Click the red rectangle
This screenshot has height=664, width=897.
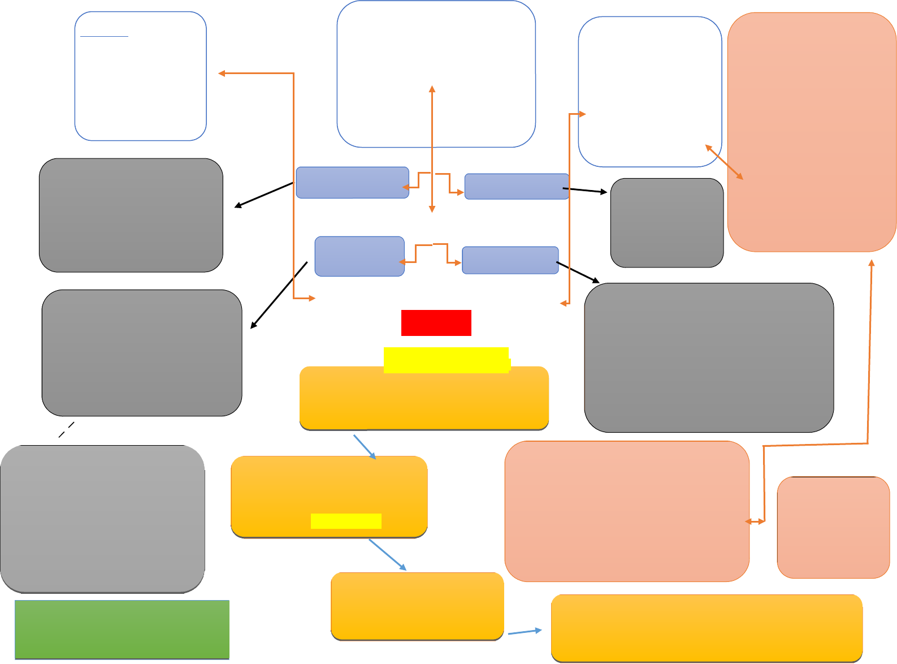tap(436, 323)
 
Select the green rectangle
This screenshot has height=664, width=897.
tap(122, 629)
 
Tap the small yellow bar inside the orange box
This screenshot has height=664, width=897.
tap(346, 521)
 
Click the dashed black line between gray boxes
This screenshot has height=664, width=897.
tap(67, 429)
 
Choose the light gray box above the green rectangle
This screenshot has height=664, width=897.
tap(102, 519)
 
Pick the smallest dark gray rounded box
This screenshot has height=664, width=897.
tap(667, 223)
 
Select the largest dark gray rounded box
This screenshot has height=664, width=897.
tap(709, 357)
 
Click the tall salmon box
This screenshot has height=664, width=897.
tap(812, 132)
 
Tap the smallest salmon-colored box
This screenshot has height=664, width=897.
tap(833, 527)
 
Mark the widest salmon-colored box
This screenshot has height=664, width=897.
tap(627, 511)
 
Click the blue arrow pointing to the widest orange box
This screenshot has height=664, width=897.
tap(525, 632)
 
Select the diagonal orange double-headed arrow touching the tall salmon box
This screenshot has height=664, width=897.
tap(725, 162)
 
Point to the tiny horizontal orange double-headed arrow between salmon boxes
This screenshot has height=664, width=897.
tap(755, 521)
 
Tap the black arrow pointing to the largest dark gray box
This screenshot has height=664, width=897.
tap(578, 271)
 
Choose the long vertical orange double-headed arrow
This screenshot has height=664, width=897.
tap(432, 149)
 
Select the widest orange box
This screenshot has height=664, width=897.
tap(707, 628)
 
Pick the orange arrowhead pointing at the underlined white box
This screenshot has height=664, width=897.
tap(222, 74)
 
